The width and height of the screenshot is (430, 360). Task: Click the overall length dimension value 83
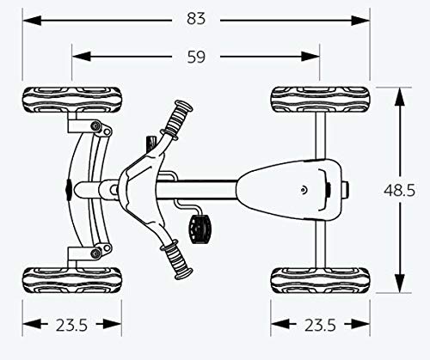point(196,19)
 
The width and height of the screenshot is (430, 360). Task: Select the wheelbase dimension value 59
point(196,57)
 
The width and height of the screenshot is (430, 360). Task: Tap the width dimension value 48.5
point(399,190)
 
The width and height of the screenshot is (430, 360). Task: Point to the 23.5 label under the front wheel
point(71,325)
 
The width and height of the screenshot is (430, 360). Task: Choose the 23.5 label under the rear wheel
point(320,325)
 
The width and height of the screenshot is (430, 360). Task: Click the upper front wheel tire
point(72,100)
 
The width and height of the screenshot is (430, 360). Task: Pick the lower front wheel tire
point(72,280)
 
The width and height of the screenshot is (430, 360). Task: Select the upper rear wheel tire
point(320,100)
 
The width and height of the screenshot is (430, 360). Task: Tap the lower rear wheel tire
point(320,280)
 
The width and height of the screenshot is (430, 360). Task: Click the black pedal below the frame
point(200,229)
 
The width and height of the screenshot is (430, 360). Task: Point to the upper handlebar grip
point(178,119)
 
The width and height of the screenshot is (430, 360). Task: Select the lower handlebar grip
point(177,260)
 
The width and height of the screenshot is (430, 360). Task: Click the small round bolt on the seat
point(304,189)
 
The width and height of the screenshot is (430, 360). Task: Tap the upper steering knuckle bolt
point(95,125)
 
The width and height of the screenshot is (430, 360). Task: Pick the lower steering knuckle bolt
point(95,253)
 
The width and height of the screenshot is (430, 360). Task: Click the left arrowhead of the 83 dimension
point(32,21)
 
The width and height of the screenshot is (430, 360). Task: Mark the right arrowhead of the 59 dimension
point(310,57)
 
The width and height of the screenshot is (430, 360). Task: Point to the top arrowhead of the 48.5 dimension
point(399,97)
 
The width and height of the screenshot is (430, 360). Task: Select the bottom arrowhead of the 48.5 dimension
point(399,284)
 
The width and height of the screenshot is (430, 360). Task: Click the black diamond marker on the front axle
point(69,190)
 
